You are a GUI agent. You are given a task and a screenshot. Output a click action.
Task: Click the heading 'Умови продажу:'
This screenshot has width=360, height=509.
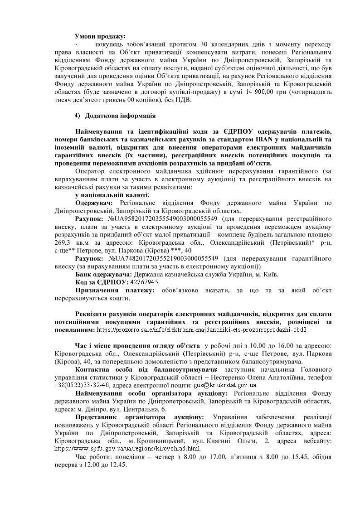100,36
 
